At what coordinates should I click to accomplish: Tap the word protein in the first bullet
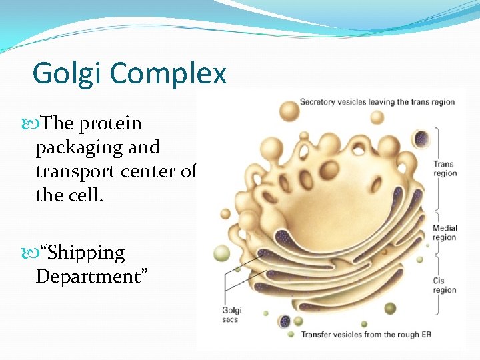coord(110,123)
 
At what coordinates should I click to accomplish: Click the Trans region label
coord(444,169)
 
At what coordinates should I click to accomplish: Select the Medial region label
coord(445,233)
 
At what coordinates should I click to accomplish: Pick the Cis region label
coord(444,285)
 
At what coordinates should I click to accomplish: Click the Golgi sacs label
coord(233,315)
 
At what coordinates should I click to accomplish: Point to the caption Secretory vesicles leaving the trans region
coord(377,102)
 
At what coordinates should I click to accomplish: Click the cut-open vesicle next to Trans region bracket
coord(421,139)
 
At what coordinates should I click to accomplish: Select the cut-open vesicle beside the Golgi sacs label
coord(285,321)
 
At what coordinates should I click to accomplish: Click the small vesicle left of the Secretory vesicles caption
coord(289,109)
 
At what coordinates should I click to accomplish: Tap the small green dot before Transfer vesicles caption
coord(291,334)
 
